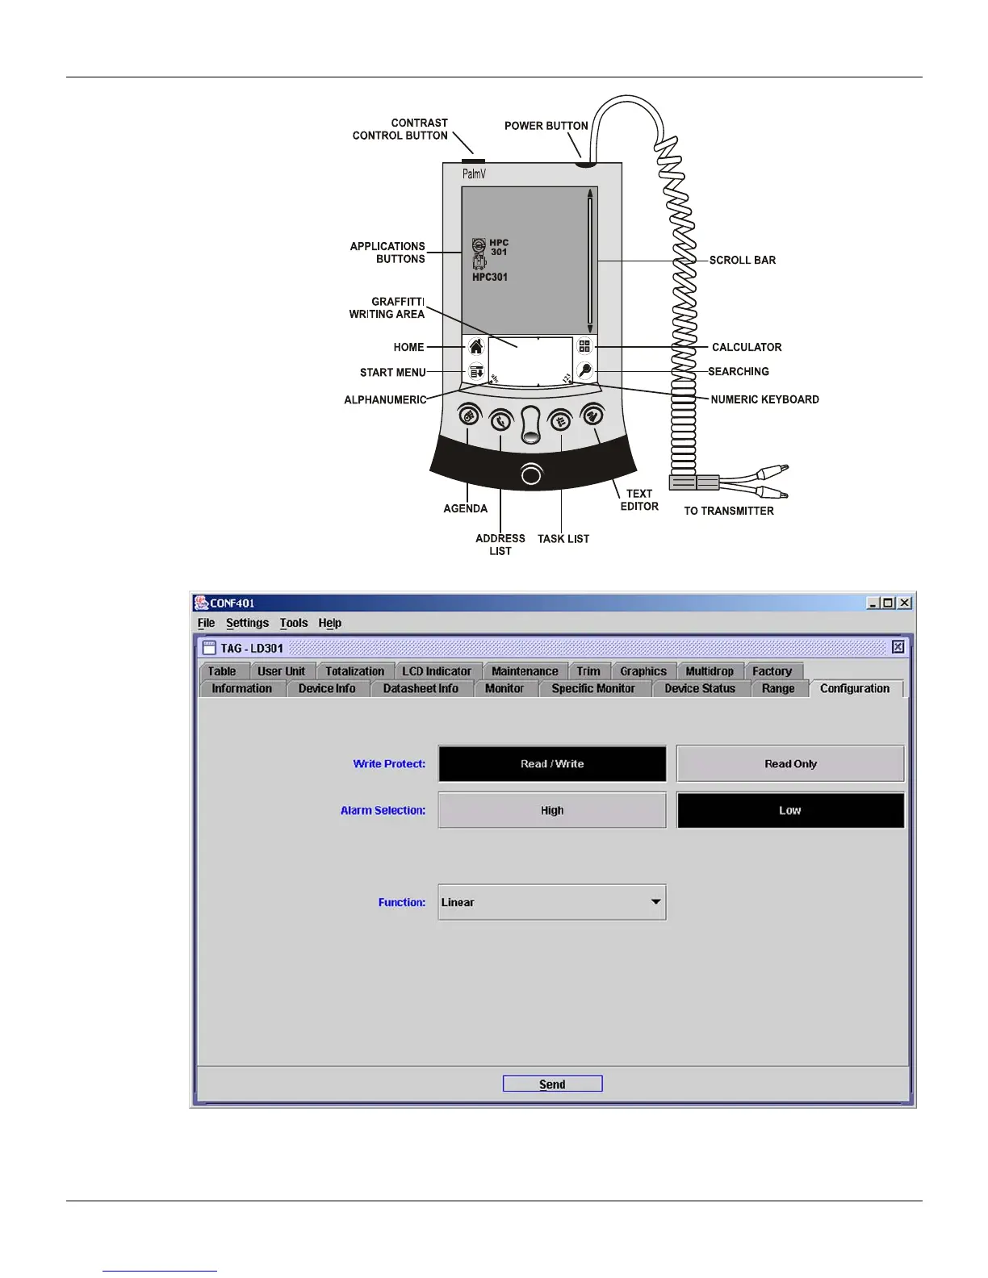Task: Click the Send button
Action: click(552, 1084)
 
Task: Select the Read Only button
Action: click(790, 763)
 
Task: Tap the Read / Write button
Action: click(552, 763)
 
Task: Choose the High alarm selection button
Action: click(552, 810)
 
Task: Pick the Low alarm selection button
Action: click(790, 810)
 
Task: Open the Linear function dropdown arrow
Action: click(656, 902)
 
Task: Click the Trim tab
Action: click(588, 671)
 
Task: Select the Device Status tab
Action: click(700, 688)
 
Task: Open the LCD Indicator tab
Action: click(437, 671)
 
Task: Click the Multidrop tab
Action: click(710, 671)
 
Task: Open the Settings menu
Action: click(247, 623)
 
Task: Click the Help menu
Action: click(329, 623)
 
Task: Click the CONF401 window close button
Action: click(905, 603)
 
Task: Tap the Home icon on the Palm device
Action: click(476, 347)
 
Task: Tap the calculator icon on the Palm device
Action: click(584, 346)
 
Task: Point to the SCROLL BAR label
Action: click(742, 260)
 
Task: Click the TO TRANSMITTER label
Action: click(729, 511)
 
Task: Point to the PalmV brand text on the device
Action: click(474, 174)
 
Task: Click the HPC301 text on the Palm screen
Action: click(490, 277)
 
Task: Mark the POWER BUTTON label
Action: click(546, 126)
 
